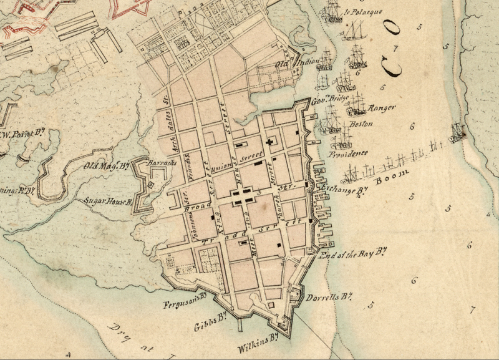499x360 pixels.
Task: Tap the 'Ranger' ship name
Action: pos(382,108)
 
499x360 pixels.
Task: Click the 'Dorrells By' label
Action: pos(330,298)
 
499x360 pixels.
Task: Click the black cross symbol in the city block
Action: pos(269,143)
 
